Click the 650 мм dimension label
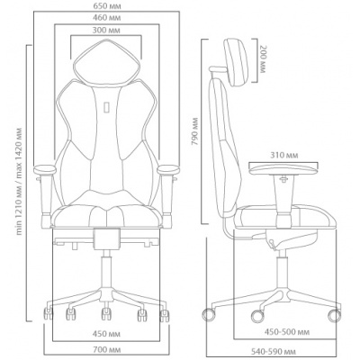pyautogui.click(x=107, y=6)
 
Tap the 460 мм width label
pyautogui.click(x=107, y=18)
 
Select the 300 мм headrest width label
pyautogui.click(x=106, y=31)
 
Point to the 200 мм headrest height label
pyautogui.click(x=262, y=59)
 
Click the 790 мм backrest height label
pyautogui.click(x=195, y=131)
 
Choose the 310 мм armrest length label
pyautogui.click(x=283, y=156)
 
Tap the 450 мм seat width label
pyautogui.click(x=106, y=334)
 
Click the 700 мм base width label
pyautogui.click(x=107, y=350)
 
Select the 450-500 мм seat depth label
pyautogui.click(x=286, y=332)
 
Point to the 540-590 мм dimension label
pyautogui.click(x=274, y=351)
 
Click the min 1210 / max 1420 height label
pyautogui.click(x=19, y=182)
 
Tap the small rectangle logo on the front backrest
pyautogui.click(x=106, y=107)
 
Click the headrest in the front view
pyautogui.click(x=106, y=62)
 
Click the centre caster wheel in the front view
pyautogui.click(x=105, y=314)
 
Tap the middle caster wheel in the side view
pyautogui.click(x=257, y=316)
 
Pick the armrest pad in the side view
pyautogui.click(x=283, y=168)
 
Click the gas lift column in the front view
pyautogui.click(x=106, y=269)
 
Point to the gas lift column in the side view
pyautogui.click(x=282, y=269)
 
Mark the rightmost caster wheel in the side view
pyautogui.click(x=335, y=316)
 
